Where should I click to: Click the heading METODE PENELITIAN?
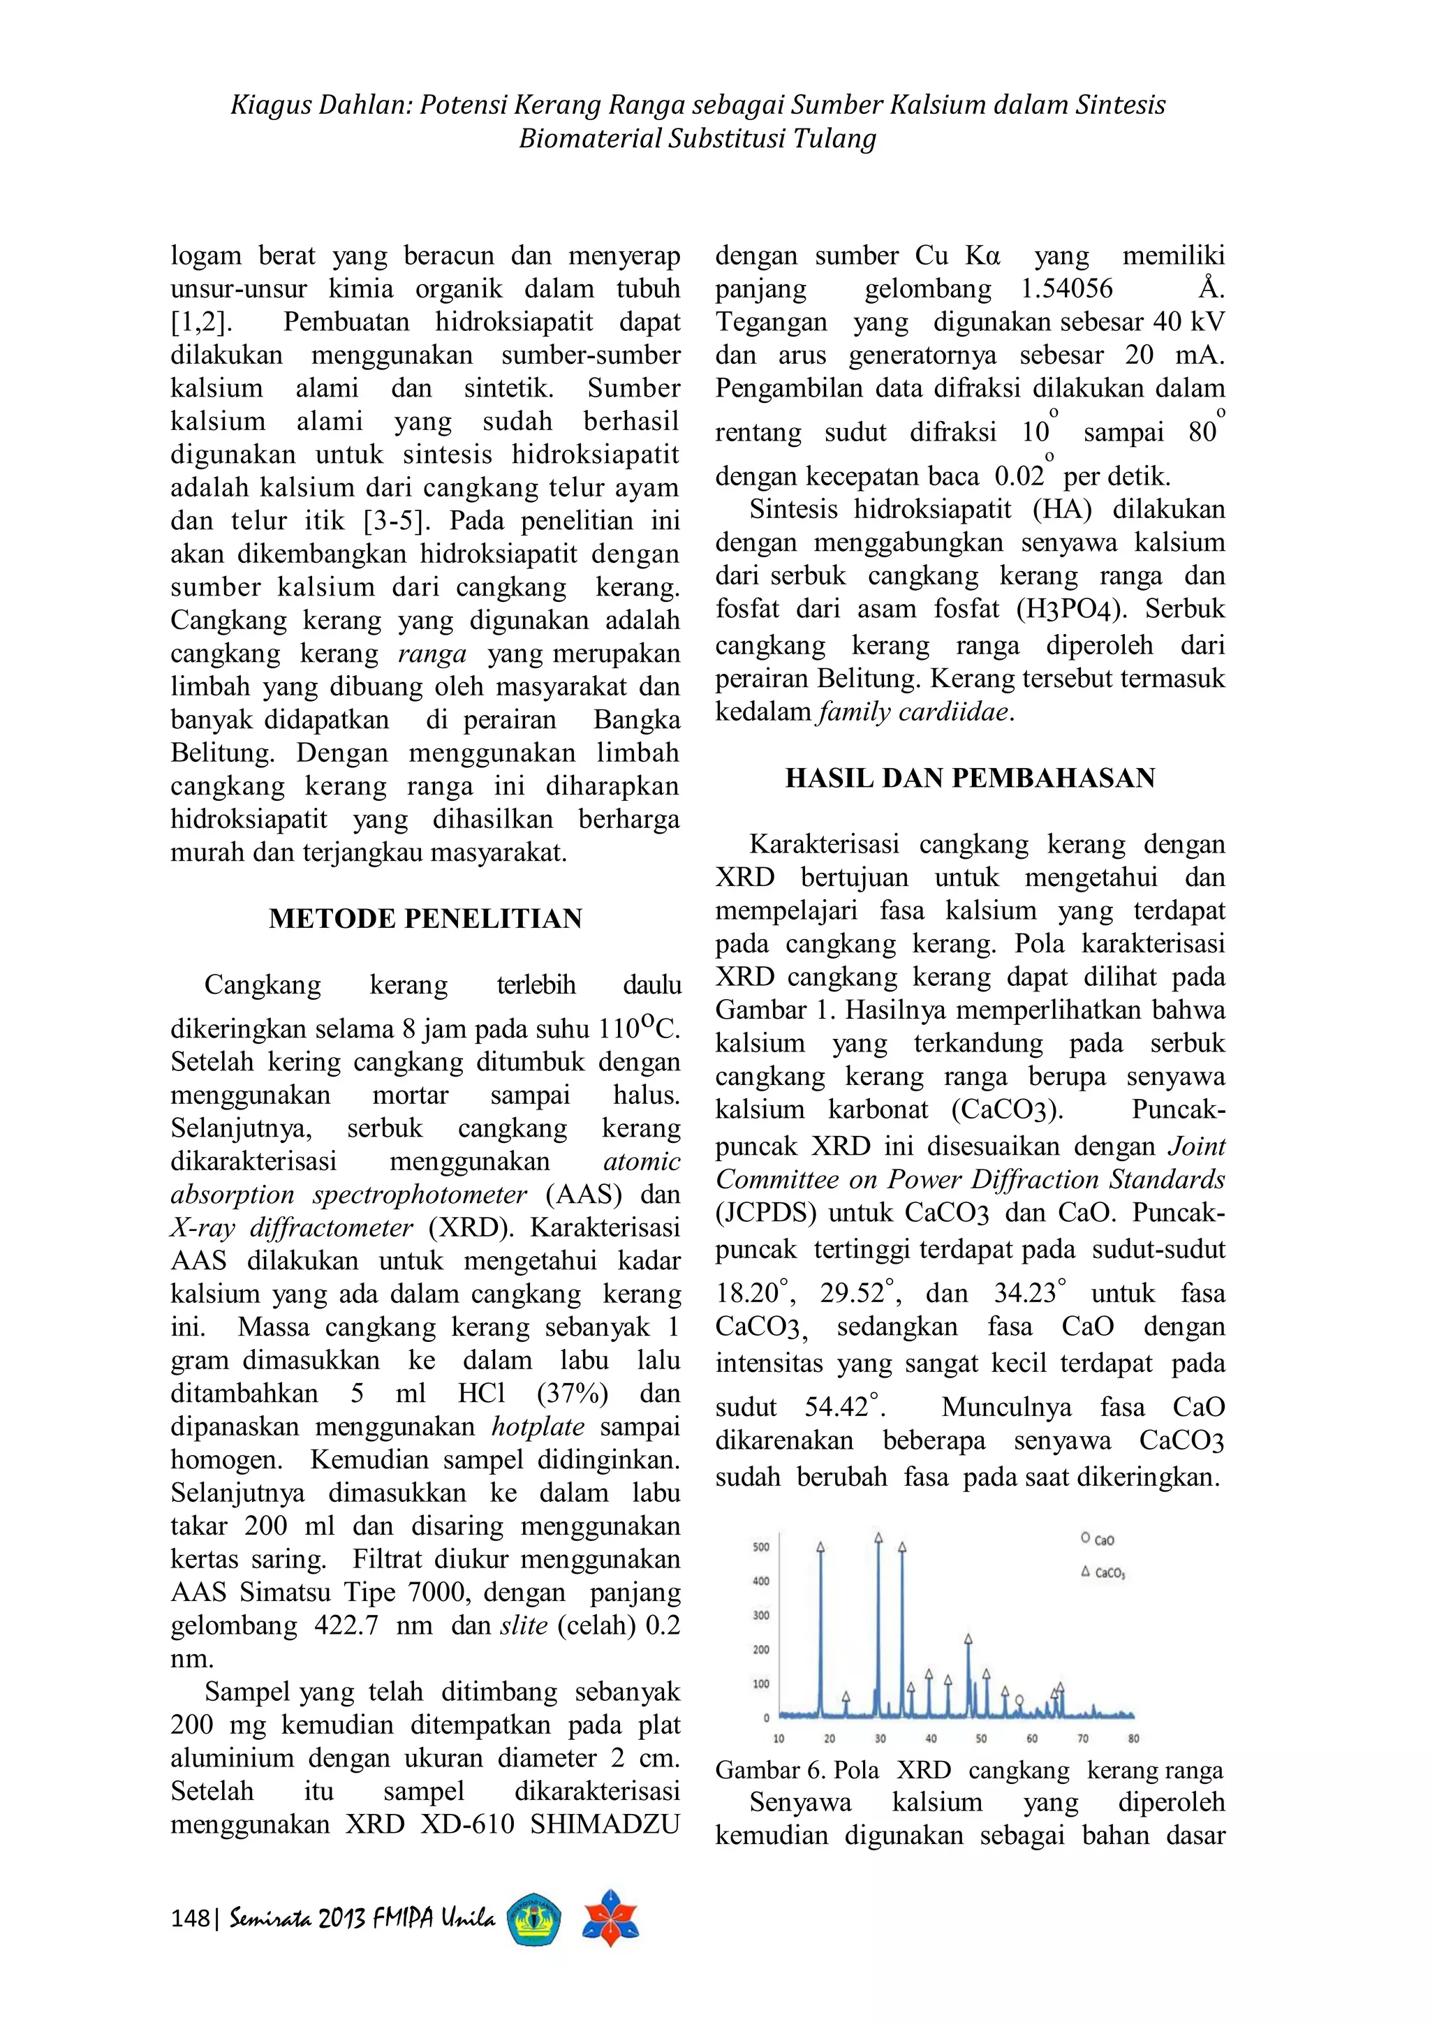click(x=425, y=919)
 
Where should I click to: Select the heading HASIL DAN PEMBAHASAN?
click(x=969, y=778)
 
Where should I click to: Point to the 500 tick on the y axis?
click(x=762, y=1547)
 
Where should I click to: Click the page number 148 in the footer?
click(x=189, y=1918)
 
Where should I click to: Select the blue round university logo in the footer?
click(x=534, y=1919)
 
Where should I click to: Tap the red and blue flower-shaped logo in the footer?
click(x=610, y=1917)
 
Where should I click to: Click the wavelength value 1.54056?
click(x=1066, y=289)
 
